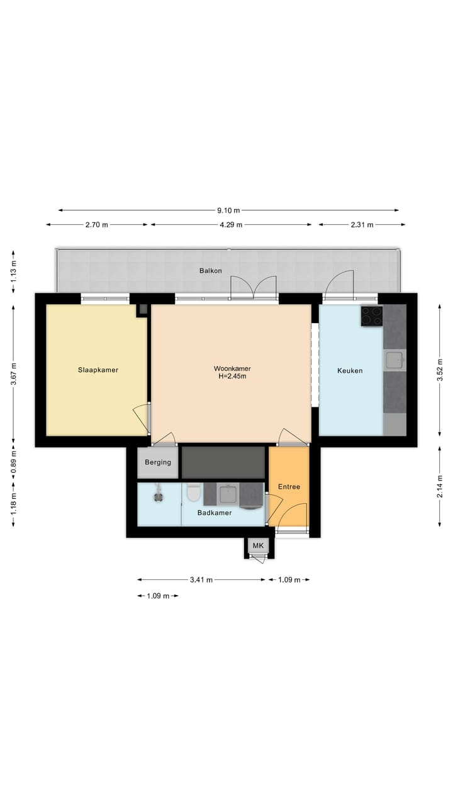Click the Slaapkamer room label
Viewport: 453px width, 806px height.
(98, 370)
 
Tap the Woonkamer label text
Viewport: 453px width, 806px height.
(229, 368)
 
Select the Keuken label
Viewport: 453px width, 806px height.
(350, 371)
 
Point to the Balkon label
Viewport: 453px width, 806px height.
(210, 271)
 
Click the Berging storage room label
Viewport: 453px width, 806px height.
(158, 462)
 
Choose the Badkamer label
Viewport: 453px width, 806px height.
(215, 513)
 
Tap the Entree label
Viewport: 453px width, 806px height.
(289, 487)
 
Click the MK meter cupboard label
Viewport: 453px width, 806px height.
(259, 545)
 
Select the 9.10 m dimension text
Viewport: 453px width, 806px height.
(229, 210)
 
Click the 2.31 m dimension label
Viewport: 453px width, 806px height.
(362, 225)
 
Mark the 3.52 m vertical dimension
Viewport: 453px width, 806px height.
(440, 370)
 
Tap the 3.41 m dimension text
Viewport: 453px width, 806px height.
(201, 580)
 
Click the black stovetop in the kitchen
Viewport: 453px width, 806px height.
(371, 316)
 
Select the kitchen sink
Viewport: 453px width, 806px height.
(394, 360)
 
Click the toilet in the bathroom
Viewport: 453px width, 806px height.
(194, 492)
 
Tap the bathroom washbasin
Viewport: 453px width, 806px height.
(228, 494)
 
